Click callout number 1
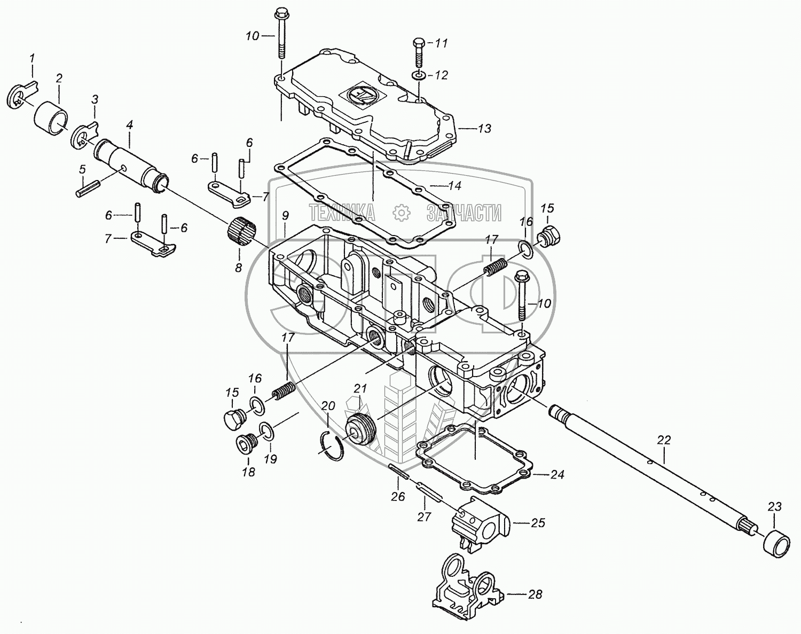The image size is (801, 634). pyautogui.click(x=32, y=58)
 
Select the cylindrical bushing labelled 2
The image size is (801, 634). pyautogui.click(x=51, y=115)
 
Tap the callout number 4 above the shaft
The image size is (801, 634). pyautogui.click(x=129, y=127)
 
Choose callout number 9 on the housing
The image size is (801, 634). pyautogui.click(x=285, y=216)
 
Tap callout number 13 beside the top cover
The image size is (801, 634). pyautogui.click(x=484, y=129)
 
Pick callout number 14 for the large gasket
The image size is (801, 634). pyautogui.click(x=454, y=186)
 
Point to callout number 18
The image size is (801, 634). pyautogui.click(x=248, y=472)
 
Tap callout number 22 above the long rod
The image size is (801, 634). pyautogui.click(x=664, y=441)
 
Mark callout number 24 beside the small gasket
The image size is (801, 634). pyautogui.click(x=557, y=474)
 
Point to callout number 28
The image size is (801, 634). pyautogui.click(x=535, y=594)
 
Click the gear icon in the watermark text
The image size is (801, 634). pyautogui.click(x=400, y=213)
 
